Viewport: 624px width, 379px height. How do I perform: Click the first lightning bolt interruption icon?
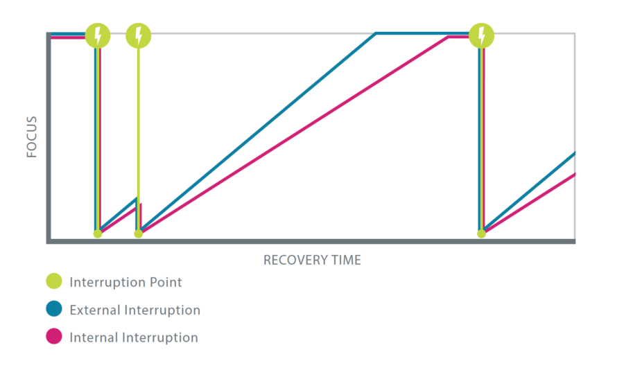pos(98,36)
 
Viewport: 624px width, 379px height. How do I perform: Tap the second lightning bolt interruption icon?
pos(139,36)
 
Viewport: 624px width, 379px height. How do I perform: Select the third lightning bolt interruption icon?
pos(482,36)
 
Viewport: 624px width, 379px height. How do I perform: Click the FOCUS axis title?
pos(31,136)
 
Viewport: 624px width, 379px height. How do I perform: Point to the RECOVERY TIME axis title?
pos(312,260)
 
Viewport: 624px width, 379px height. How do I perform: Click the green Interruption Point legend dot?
pos(54,281)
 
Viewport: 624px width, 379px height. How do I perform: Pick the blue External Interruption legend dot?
pos(54,308)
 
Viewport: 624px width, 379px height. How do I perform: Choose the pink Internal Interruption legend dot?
pos(54,336)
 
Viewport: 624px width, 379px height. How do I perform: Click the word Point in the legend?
pos(166,282)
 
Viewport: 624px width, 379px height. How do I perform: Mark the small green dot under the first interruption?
pos(98,233)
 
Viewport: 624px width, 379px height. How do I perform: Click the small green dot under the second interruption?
pos(139,233)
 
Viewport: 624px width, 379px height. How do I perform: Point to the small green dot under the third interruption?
pos(482,233)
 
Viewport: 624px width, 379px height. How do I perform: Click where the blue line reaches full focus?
pos(375,34)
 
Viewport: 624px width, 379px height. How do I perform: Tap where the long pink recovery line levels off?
pos(449,37)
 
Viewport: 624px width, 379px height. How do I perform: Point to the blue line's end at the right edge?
pos(574,153)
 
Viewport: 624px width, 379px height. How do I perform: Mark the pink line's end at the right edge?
pos(574,174)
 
